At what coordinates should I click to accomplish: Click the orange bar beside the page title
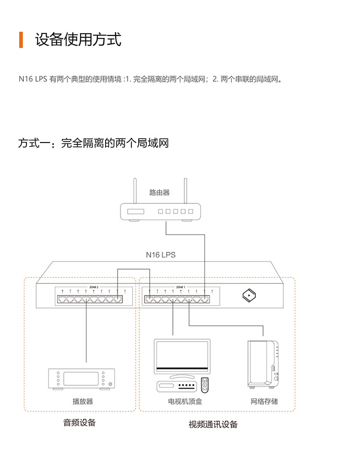coord(21,40)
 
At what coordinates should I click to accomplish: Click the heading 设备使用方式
coord(78,40)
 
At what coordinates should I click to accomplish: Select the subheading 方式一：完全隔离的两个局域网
coord(93,143)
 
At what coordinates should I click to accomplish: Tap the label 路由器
coord(159,193)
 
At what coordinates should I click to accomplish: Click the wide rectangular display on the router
coord(135,212)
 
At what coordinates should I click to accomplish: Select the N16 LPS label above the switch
coord(161,255)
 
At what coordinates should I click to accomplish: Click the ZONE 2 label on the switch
coord(94,287)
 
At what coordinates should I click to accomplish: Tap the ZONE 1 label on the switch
coord(180,287)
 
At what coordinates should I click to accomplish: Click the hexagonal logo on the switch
coord(248,296)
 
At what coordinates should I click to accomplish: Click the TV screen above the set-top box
coord(181,355)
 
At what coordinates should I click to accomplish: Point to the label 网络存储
coord(264,401)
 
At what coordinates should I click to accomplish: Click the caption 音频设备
coord(80,423)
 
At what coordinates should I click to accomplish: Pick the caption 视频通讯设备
coord(213,424)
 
